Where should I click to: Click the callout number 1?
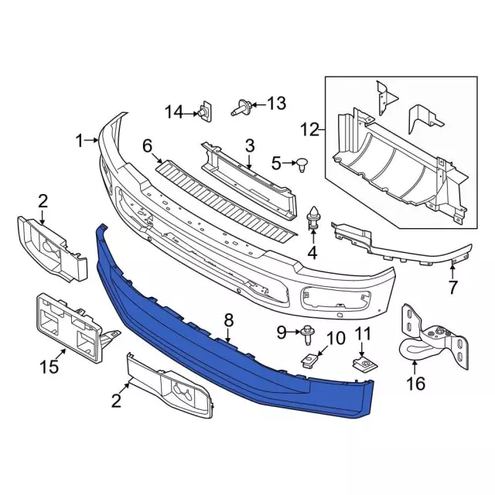(x=80, y=140)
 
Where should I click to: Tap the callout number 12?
(x=309, y=131)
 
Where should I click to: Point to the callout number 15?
(x=49, y=366)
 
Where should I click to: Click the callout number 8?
(x=228, y=319)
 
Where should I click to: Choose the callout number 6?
(x=147, y=145)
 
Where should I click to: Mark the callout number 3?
(x=250, y=145)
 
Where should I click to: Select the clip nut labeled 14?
(x=205, y=111)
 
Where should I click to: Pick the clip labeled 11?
(x=362, y=363)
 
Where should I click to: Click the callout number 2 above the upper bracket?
(x=43, y=201)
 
